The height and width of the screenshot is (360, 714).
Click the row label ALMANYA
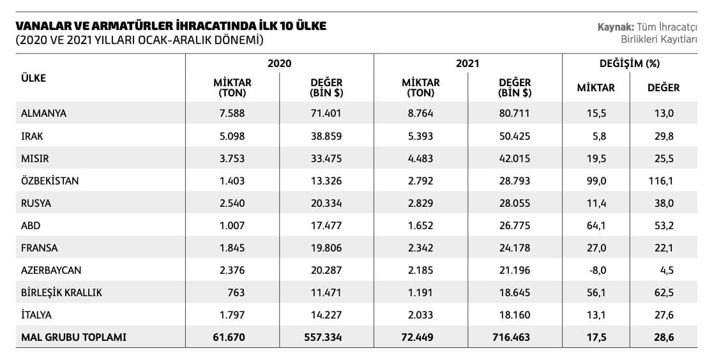click(43, 114)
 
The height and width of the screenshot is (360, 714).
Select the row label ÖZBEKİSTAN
click(50, 181)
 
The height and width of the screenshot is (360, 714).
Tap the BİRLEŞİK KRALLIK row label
click(61, 292)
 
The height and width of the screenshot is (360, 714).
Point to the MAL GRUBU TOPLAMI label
click(74, 337)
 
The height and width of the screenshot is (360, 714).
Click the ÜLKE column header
click(33, 78)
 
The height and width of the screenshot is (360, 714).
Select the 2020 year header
click(279, 63)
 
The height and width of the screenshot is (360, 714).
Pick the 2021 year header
click(467, 63)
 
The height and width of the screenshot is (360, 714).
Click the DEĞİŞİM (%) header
click(629, 63)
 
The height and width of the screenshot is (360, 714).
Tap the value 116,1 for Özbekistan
click(661, 181)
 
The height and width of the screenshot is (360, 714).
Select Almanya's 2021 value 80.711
click(515, 114)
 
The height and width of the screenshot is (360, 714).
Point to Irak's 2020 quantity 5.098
click(232, 136)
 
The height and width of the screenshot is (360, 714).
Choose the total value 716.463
click(512, 337)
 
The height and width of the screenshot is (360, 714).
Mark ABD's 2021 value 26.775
click(515, 226)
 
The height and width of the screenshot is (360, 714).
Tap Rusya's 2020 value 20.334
click(326, 203)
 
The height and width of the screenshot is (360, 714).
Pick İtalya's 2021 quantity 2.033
click(420, 315)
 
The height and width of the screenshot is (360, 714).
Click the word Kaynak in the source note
click(615, 27)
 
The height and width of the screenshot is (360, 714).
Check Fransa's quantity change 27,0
click(596, 248)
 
